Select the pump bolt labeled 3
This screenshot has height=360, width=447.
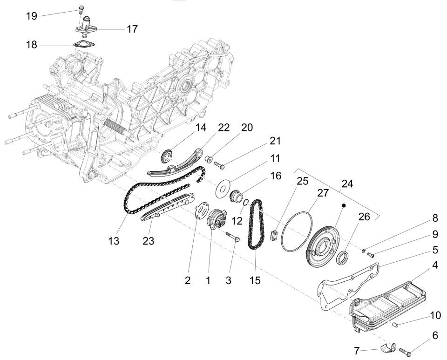point(232,238)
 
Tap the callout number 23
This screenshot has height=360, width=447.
point(148,242)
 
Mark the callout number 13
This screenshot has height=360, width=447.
point(114,242)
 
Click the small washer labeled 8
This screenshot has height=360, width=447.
point(364,251)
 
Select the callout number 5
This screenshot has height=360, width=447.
point(434,250)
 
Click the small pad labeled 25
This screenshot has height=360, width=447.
point(274,234)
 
